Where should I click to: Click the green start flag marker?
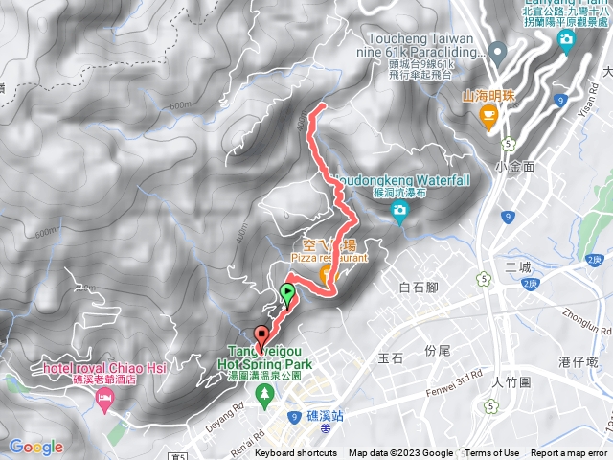point(287,294)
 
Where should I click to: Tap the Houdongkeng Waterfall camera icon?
point(400,217)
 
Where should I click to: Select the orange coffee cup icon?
point(488,118)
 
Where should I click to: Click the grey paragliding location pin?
point(497,51)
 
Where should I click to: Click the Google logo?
point(36,447)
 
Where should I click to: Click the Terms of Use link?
point(491,453)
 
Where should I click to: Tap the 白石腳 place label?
point(419,287)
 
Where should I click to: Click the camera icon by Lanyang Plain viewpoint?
point(567,40)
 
